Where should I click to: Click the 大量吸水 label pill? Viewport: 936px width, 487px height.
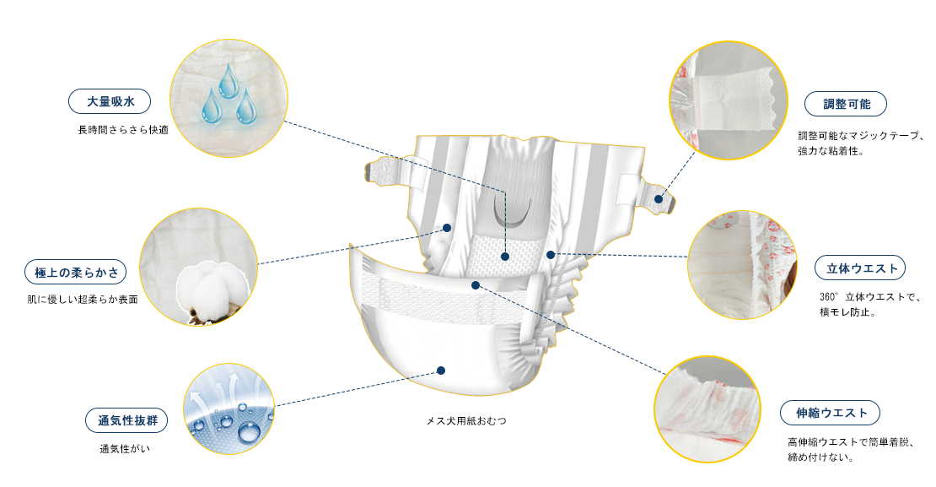[x=110, y=101]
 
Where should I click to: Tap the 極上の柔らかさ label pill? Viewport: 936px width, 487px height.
[x=76, y=272]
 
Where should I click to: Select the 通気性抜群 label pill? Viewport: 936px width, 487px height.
[x=126, y=420]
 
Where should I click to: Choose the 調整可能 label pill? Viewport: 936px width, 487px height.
[x=846, y=104]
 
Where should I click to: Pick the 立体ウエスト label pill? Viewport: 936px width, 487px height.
[x=861, y=268]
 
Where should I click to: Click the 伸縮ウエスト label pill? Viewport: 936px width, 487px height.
[x=831, y=413]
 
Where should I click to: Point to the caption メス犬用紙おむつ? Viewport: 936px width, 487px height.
[x=466, y=420]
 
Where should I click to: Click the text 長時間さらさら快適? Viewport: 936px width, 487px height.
[x=124, y=130]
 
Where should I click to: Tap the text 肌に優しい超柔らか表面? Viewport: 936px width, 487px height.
[x=83, y=300]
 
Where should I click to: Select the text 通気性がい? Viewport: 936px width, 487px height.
[x=125, y=448]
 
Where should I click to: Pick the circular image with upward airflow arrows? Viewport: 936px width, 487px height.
[x=229, y=409]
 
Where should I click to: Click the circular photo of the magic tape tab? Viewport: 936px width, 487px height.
[x=729, y=100]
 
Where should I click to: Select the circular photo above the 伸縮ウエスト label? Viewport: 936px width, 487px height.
[x=707, y=409]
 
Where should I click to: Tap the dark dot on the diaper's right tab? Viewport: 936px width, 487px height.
[x=659, y=199]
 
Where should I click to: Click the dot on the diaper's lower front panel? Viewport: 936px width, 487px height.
[x=440, y=371]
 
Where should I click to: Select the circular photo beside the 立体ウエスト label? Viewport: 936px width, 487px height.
[x=741, y=265]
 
